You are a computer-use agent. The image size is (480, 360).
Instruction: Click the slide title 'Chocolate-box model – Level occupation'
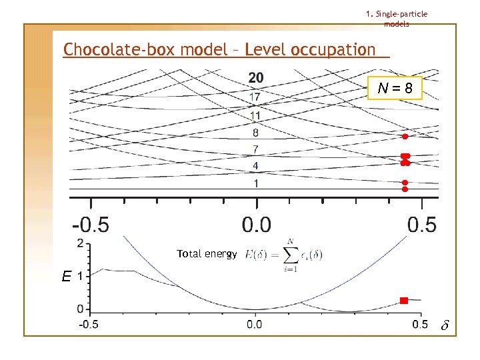[x=219, y=50]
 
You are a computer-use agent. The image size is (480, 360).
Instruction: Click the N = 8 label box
[x=395, y=87]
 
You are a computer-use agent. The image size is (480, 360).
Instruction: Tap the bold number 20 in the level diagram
[x=255, y=79]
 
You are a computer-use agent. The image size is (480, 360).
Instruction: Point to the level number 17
[x=255, y=97]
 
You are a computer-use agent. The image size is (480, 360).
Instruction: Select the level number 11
[x=255, y=115]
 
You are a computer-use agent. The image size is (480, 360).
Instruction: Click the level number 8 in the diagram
[x=255, y=133]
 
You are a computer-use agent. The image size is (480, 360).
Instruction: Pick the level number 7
[x=255, y=149]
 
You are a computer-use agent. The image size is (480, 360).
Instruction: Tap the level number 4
[x=255, y=165]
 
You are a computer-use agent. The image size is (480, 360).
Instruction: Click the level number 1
[x=255, y=183]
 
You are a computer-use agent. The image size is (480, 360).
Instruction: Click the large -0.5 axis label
[x=91, y=224]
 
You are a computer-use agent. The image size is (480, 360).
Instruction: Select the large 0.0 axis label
[x=256, y=224]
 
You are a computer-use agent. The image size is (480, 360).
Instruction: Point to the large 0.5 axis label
[x=421, y=224]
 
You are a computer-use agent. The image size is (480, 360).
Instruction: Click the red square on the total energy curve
[x=403, y=301]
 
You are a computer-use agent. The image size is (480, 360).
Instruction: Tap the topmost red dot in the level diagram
[x=405, y=137]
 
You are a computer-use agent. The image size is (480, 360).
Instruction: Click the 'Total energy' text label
[x=207, y=254]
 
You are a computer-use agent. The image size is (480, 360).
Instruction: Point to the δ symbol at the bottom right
[x=446, y=326]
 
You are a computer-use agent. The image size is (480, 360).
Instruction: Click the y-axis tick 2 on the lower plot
[x=81, y=243]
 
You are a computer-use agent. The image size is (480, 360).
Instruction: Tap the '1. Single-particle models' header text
[x=397, y=19]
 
